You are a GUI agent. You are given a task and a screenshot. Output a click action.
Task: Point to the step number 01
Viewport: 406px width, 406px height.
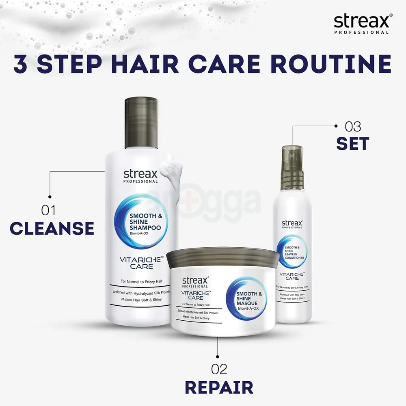pos(48,210)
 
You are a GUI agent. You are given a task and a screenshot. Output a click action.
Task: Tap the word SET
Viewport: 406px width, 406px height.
pos(352,144)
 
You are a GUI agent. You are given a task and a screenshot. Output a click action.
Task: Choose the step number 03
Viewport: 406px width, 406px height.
pos(352,126)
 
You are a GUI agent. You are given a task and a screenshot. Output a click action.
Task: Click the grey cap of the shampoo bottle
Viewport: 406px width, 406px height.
pos(140,122)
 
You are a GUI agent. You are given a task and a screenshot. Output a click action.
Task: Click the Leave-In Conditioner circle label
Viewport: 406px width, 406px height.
pos(292,251)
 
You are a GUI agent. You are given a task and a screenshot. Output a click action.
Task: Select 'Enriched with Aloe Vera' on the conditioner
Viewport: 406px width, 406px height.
pos(291,293)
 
